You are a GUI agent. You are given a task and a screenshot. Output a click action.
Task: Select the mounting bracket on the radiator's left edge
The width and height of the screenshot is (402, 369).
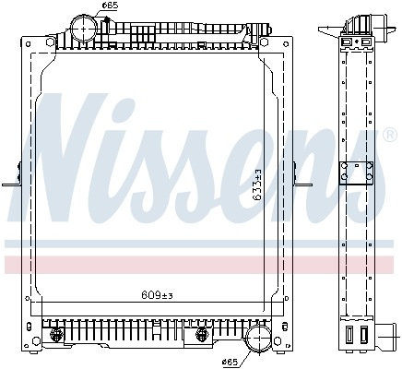pos(14,175)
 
